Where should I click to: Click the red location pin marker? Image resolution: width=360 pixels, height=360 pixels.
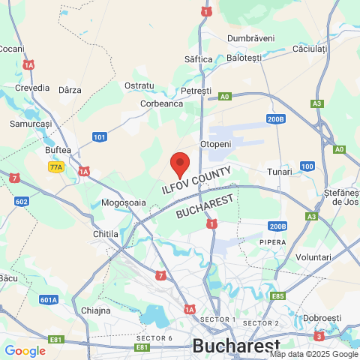click(x=180, y=163)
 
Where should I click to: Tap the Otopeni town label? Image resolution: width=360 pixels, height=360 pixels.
click(x=215, y=143)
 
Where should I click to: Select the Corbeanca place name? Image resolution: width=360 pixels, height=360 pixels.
click(x=161, y=104)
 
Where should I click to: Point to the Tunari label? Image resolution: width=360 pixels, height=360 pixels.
click(x=279, y=172)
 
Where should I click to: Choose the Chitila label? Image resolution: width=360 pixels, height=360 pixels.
click(x=105, y=234)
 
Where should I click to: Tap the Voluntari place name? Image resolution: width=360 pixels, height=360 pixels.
click(x=313, y=256)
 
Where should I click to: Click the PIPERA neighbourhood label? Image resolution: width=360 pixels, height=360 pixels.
click(x=273, y=242)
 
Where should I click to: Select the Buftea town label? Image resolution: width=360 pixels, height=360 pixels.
click(x=58, y=150)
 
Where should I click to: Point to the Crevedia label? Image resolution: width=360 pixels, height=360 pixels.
click(x=32, y=87)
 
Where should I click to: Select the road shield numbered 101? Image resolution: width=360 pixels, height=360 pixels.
click(x=100, y=136)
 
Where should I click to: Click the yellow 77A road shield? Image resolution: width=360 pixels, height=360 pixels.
click(x=56, y=167)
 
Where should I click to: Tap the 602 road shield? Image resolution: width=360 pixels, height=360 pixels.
click(x=21, y=201)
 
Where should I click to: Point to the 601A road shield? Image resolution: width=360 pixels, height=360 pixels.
click(x=49, y=300)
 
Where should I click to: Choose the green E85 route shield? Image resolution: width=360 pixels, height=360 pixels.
click(x=279, y=296)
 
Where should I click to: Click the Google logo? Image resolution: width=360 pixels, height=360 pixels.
click(x=25, y=350)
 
